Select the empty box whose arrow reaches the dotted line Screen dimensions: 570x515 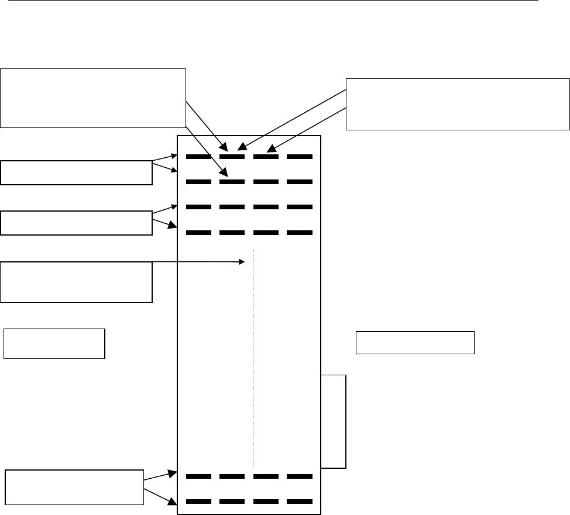(76, 282)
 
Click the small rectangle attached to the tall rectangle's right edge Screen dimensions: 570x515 (334, 421)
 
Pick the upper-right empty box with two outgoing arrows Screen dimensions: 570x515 (458, 104)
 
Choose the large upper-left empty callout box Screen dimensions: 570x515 (93, 98)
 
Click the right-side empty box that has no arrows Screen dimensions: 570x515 (415, 343)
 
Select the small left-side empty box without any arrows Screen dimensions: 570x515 (54, 343)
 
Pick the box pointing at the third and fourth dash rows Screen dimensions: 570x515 (76, 223)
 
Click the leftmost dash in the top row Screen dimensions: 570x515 (198, 157)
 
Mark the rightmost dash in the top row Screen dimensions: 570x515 (299, 157)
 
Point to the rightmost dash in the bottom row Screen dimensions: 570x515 (299, 502)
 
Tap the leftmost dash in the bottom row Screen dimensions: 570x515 (198, 502)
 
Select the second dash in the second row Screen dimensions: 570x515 (232, 182)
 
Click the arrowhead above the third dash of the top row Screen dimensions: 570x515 (271, 151)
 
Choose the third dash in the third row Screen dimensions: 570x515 (265, 207)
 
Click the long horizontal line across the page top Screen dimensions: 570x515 (269, 1)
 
